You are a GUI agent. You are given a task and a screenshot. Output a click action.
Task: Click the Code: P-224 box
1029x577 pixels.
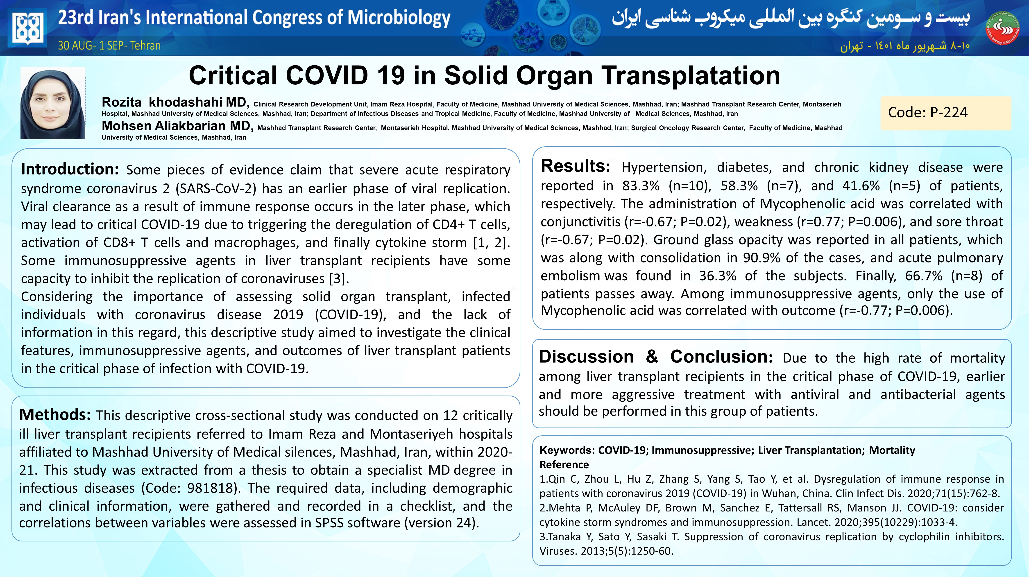[x=945, y=113]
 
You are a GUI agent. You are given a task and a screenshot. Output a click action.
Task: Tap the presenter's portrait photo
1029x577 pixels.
[x=53, y=103]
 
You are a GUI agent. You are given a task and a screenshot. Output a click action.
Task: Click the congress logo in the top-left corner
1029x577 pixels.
[x=27, y=28]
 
